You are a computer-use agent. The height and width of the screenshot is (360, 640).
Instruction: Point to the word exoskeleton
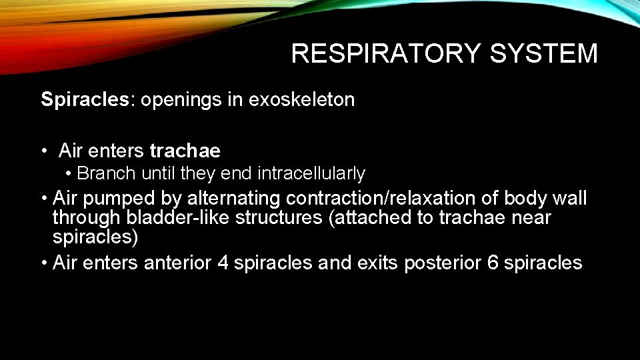(301, 100)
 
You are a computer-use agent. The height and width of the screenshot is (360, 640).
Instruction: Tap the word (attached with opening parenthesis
(370, 218)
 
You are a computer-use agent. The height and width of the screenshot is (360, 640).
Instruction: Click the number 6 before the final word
(493, 263)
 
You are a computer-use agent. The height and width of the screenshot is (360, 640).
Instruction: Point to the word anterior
(177, 263)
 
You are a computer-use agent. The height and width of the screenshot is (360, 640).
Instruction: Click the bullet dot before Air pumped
(43, 199)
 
